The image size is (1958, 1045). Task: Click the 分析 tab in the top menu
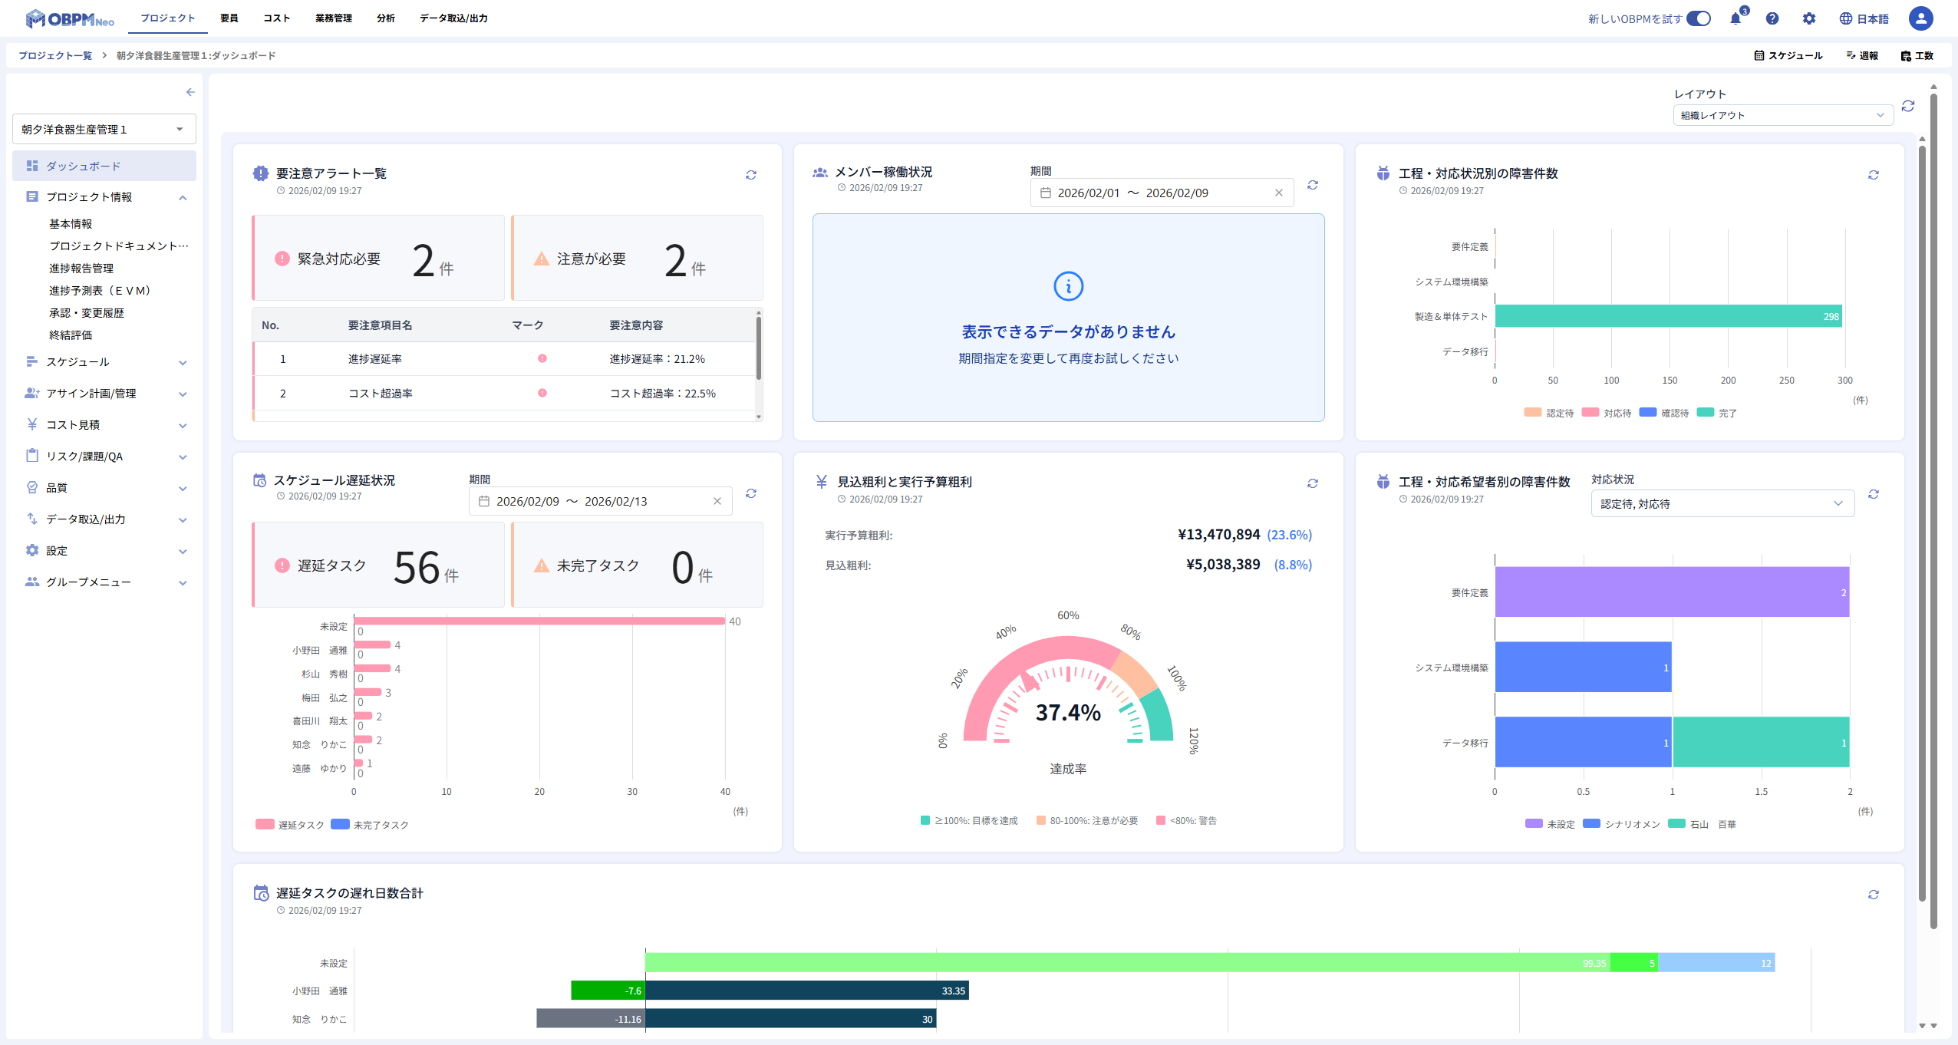[385, 18]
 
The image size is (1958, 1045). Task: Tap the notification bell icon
[1735, 19]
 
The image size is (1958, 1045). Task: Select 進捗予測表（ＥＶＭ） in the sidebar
[100, 291]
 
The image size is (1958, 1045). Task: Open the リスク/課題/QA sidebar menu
[84, 457]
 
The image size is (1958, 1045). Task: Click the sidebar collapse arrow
[190, 92]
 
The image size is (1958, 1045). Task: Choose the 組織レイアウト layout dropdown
[1782, 116]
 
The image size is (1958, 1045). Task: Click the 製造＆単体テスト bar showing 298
[1667, 316]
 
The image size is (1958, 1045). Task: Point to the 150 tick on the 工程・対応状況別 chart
[1670, 381]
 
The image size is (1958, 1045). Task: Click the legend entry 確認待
[1664, 413]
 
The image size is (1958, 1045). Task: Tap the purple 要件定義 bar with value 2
[1671, 592]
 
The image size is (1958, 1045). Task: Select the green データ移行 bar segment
[1760, 743]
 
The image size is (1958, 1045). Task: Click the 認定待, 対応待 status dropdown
[1722, 504]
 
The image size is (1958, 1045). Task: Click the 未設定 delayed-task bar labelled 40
[539, 621]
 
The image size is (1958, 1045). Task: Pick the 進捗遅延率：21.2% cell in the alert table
[657, 359]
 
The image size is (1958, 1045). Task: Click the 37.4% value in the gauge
[1068, 713]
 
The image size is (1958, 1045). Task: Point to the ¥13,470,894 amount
[1218, 535]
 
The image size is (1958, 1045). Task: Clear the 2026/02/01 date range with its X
[1279, 193]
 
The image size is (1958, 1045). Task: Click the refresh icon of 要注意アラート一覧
[751, 176]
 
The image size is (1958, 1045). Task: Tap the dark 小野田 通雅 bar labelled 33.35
[806, 991]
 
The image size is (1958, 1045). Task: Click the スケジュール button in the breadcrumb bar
[1788, 56]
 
